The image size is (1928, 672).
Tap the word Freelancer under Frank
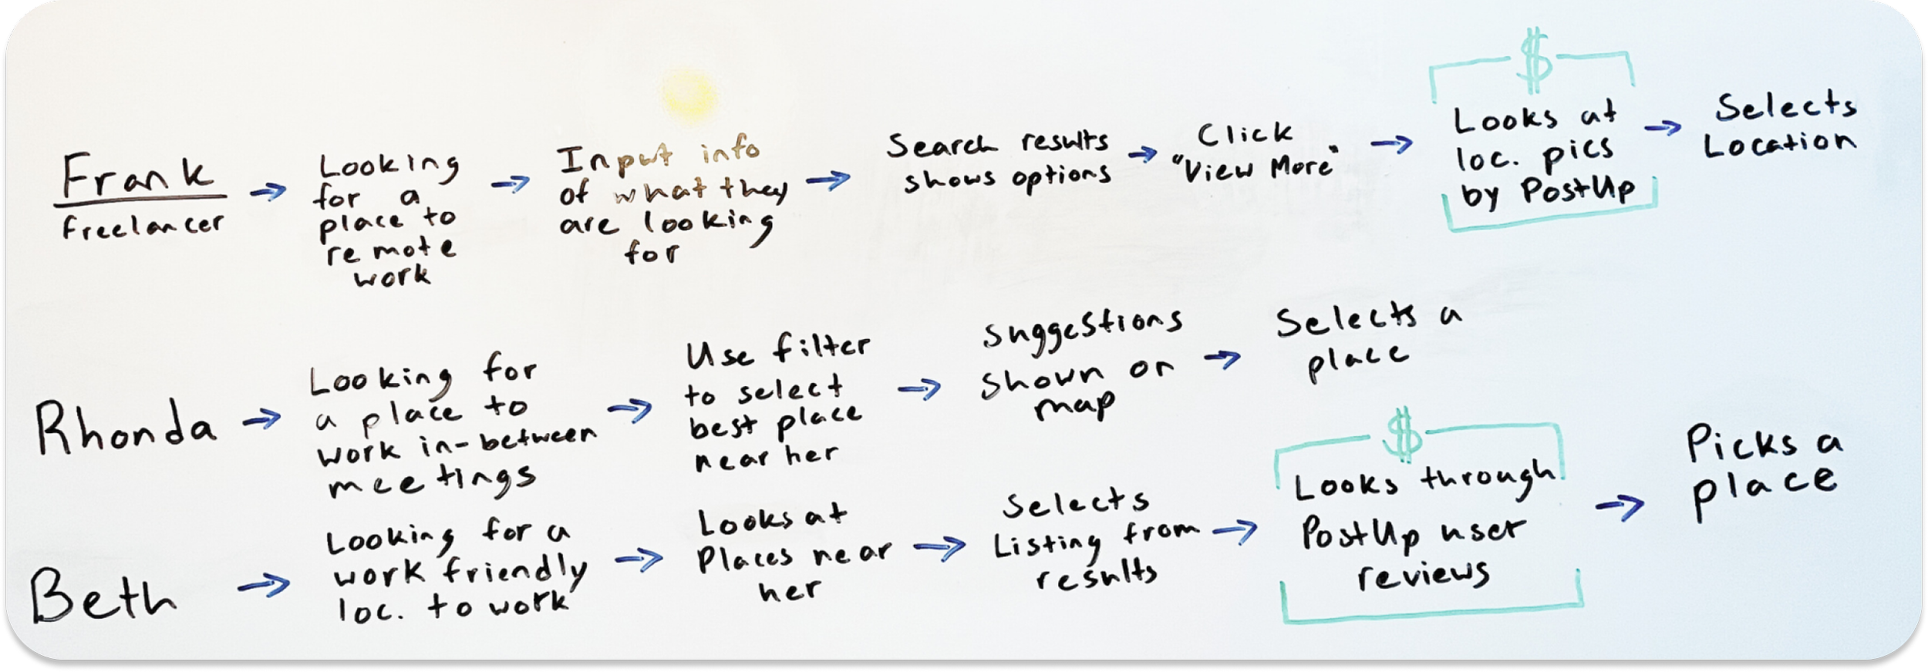point(143,226)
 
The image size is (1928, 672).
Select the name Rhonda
point(125,428)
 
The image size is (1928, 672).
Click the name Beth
point(103,598)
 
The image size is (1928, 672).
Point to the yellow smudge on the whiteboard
point(689,94)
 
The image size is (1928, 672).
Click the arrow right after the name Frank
point(268,191)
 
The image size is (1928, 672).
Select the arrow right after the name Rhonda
point(262,420)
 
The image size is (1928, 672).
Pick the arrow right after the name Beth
point(263,586)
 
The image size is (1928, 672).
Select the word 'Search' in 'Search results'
point(941,146)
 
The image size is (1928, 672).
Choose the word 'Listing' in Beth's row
point(1047,546)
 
